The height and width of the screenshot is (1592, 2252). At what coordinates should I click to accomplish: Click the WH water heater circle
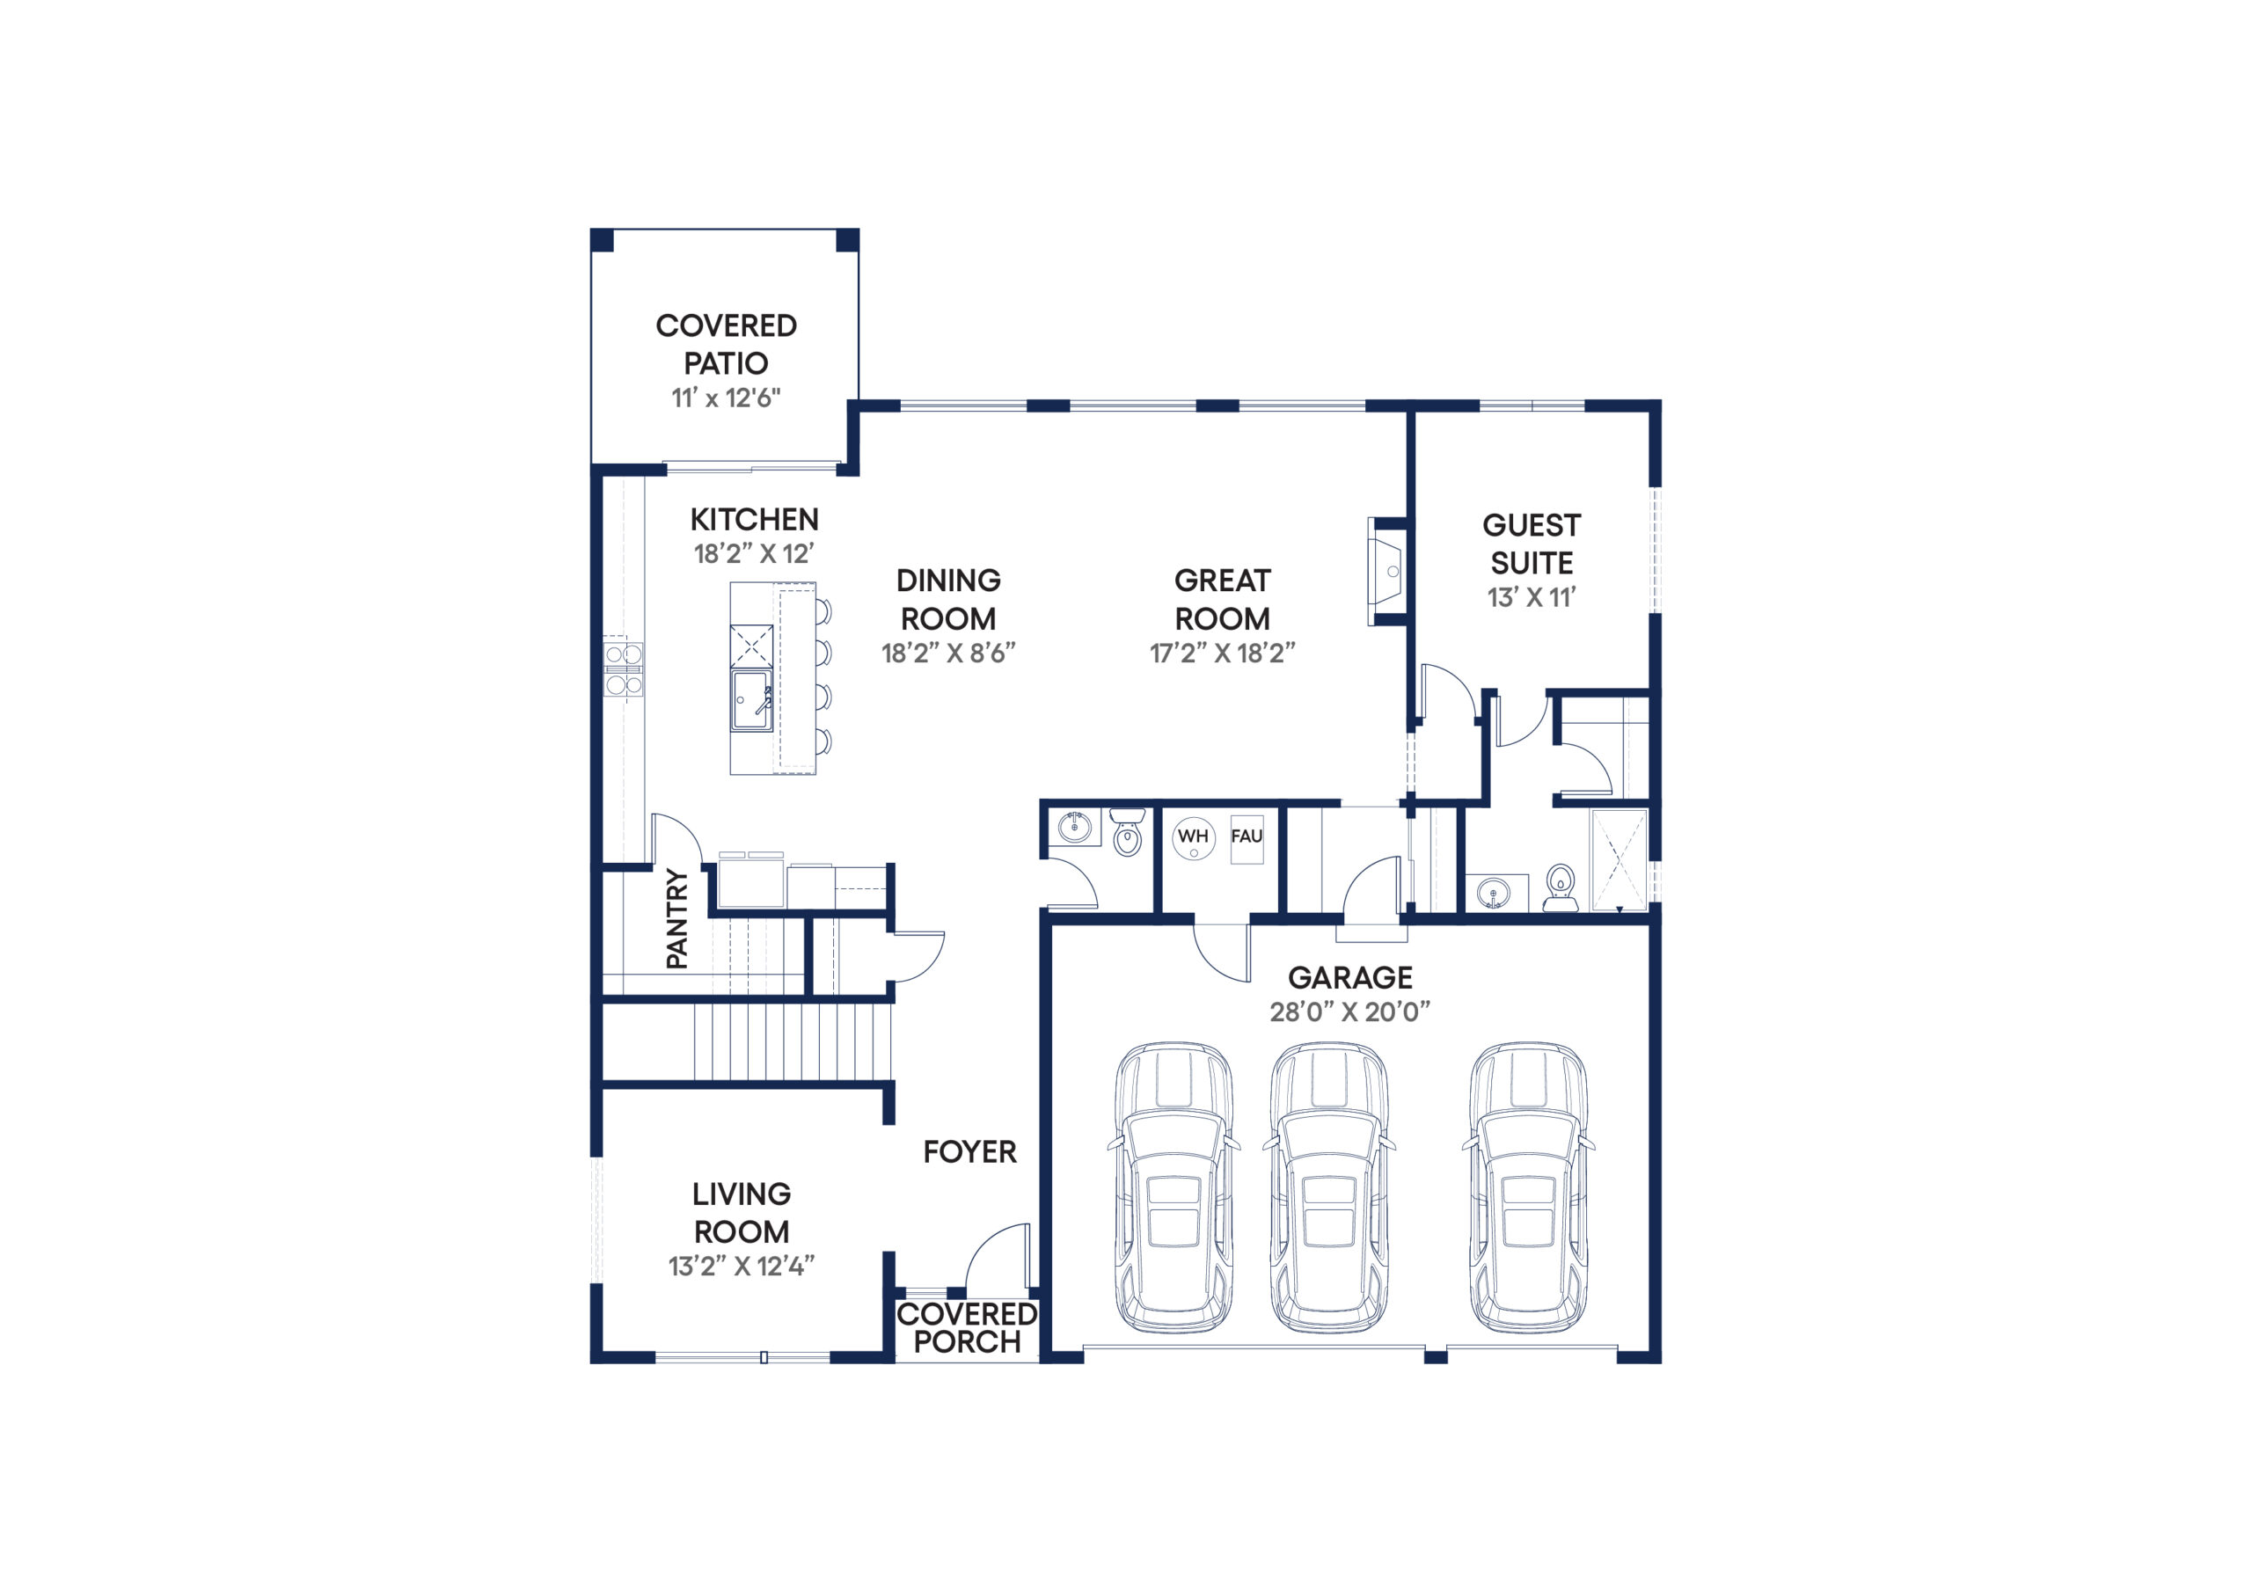pyautogui.click(x=1193, y=837)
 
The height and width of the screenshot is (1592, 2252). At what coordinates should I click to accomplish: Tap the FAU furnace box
pyautogui.click(x=1247, y=839)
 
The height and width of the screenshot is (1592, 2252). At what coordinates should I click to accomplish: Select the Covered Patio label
pyautogui.click(x=726, y=344)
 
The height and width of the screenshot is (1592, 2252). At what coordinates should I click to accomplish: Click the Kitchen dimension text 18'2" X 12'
pyautogui.click(x=754, y=554)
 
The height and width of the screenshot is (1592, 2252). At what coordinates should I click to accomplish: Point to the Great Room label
pyautogui.click(x=1222, y=599)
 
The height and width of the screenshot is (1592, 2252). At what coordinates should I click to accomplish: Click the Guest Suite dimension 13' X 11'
pyautogui.click(x=1531, y=597)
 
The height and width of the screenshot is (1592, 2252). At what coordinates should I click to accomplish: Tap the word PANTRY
pyautogui.click(x=676, y=919)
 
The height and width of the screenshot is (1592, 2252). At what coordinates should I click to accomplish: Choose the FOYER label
pyautogui.click(x=970, y=1151)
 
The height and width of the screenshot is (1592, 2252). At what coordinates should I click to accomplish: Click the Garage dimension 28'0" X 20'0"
pyautogui.click(x=1349, y=1012)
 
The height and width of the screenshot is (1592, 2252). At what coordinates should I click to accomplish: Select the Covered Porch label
pyautogui.click(x=967, y=1328)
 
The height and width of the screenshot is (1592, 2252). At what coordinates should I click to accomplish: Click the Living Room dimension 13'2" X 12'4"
pyautogui.click(x=742, y=1267)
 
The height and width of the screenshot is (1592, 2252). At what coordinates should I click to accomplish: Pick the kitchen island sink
pyautogui.click(x=751, y=700)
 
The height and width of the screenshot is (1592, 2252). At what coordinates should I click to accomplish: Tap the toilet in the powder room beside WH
pyautogui.click(x=1128, y=832)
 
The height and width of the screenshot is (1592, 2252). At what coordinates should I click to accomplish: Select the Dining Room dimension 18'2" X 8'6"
pyautogui.click(x=948, y=654)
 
